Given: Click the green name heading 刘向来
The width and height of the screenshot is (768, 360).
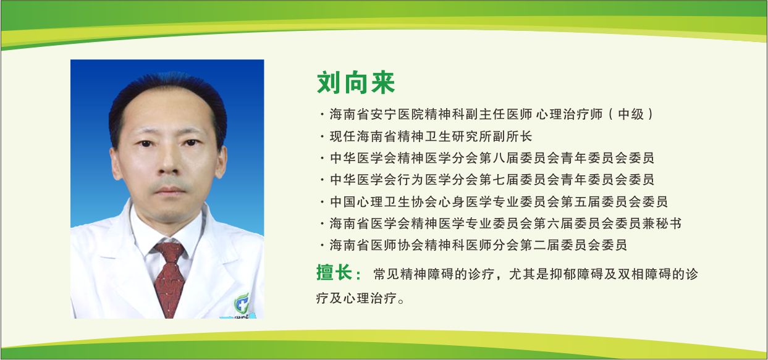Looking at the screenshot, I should point(355,83).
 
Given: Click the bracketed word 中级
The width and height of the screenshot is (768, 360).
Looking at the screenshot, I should point(632,114).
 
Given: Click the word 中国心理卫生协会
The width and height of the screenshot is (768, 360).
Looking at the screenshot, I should point(377,202).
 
